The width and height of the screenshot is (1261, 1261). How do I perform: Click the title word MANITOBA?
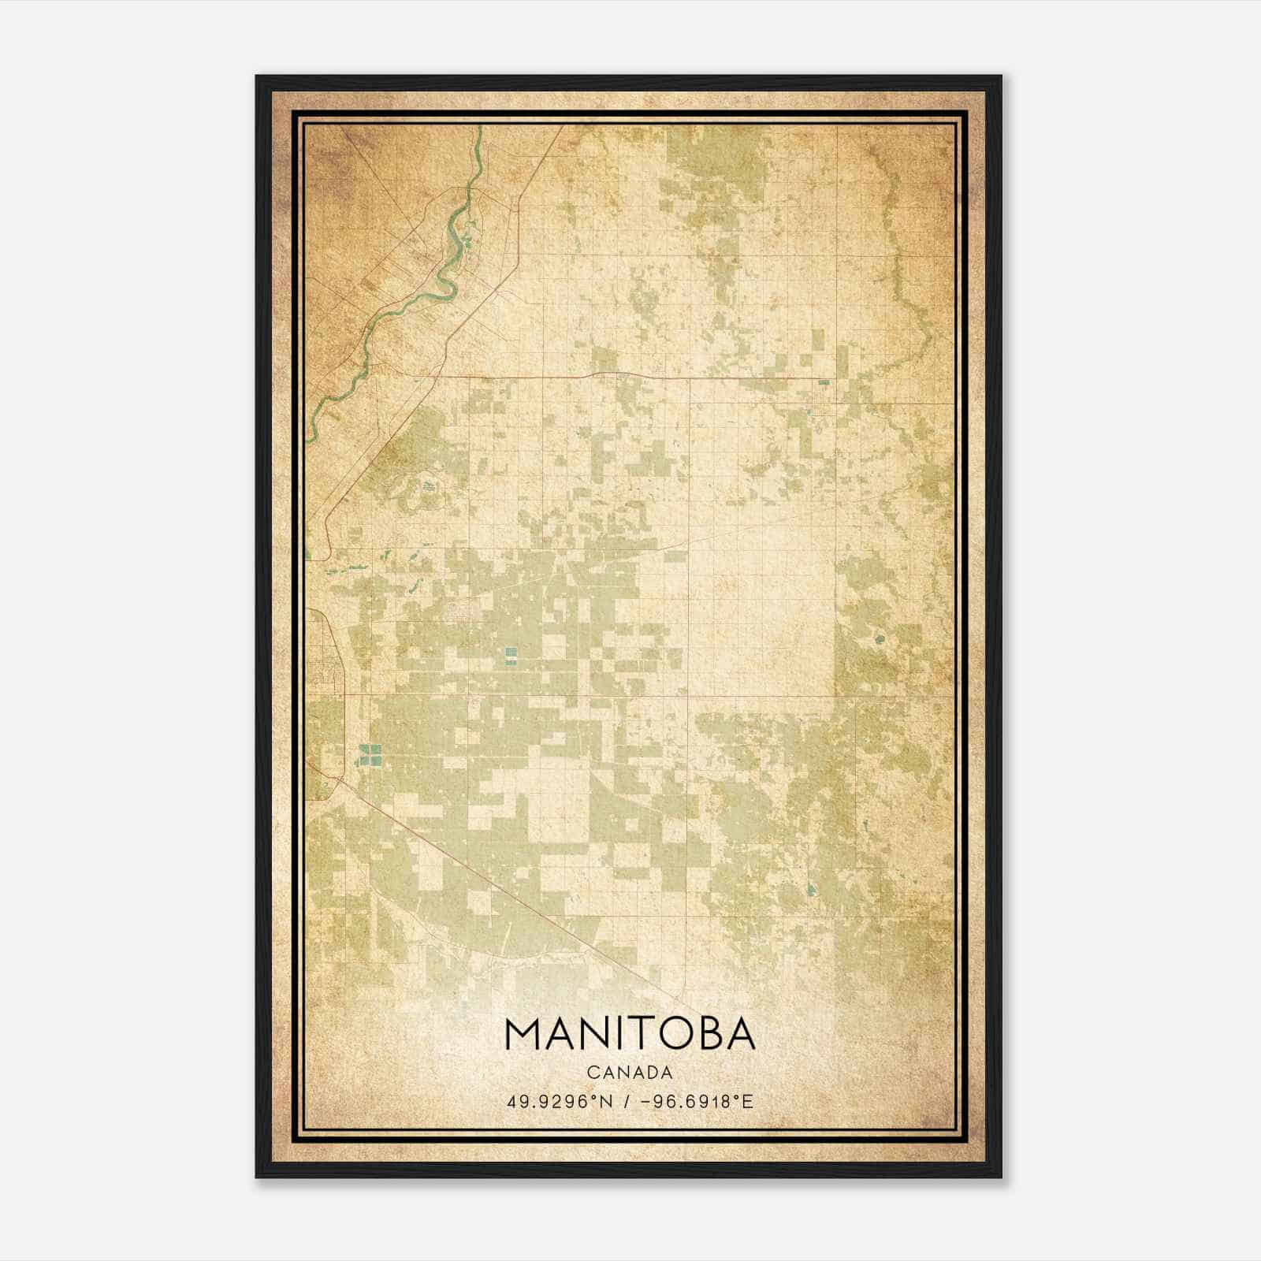point(630,1035)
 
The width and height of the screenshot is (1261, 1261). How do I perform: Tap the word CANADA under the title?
point(630,1072)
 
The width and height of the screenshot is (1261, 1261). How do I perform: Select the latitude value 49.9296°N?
point(560,1101)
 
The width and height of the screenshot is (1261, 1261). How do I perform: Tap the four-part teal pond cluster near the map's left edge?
point(370,755)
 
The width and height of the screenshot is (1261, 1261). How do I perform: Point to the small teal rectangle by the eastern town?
point(824,382)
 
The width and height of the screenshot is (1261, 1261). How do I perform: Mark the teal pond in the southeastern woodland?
point(811,890)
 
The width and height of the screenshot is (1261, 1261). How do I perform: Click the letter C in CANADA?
point(591,1072)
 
